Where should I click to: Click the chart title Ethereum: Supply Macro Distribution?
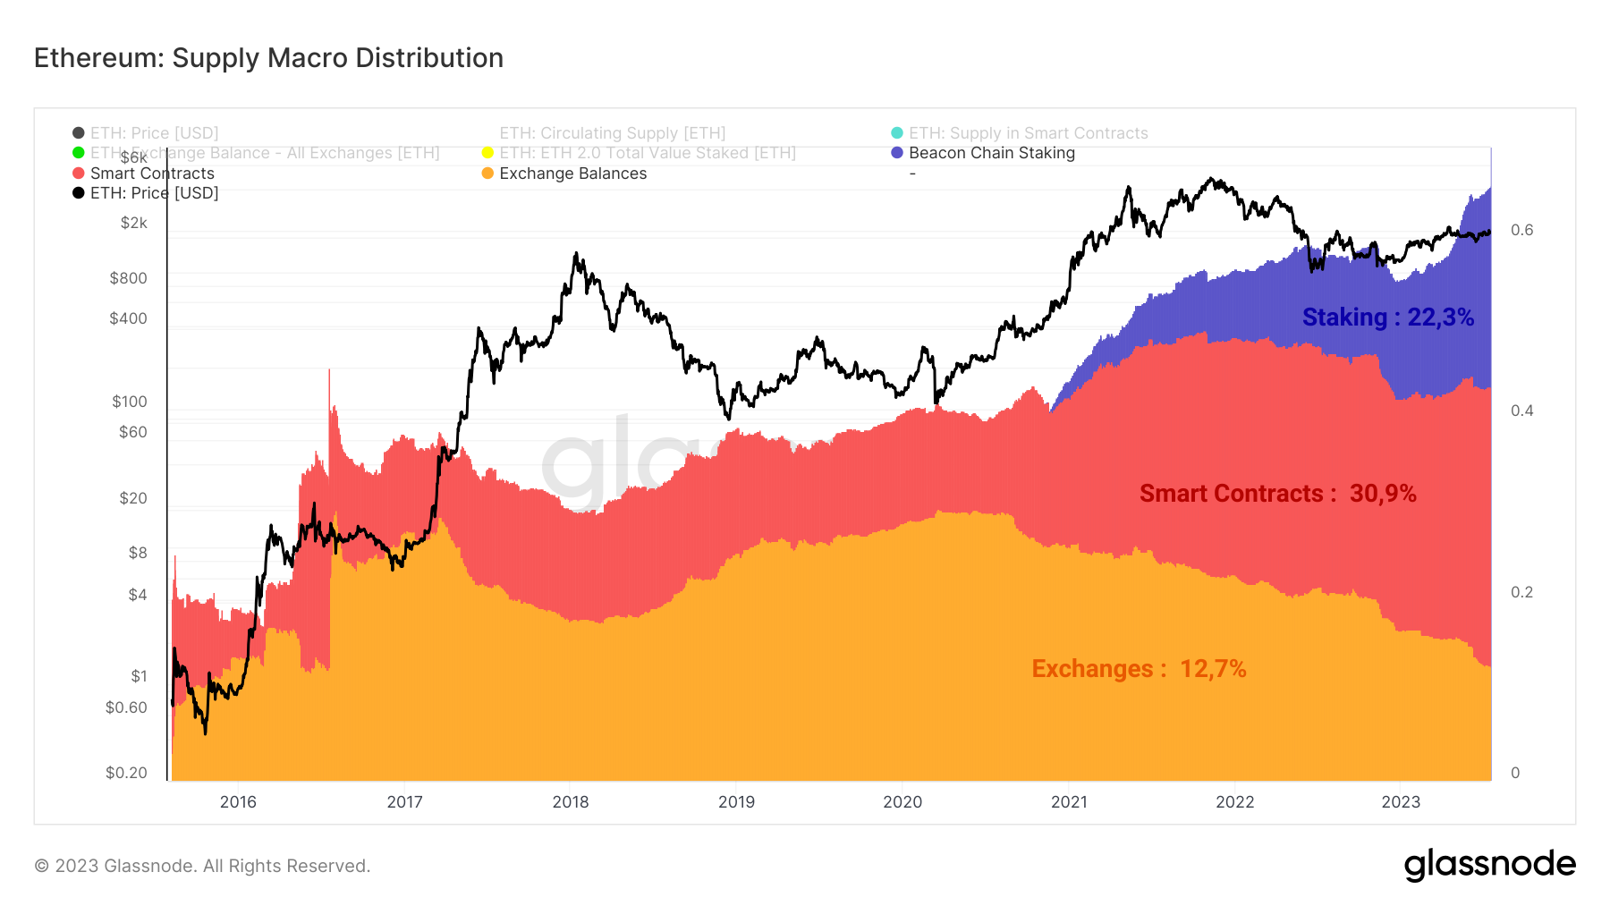[268, 58]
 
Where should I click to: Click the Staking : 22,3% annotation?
[1387, 318]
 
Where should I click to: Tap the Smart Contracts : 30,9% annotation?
[1277, 494]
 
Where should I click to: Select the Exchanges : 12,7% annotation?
[1139, 669]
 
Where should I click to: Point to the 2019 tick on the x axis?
[736, 802]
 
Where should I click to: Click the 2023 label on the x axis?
[1400, 802]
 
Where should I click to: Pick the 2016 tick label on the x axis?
[238, 802]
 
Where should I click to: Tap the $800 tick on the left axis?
[128, 278]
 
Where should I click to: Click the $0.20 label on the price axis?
[126, 773]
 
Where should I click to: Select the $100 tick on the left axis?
[129, 402]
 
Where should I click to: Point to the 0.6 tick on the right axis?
[1521, 230]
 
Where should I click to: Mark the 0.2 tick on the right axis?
[1521, 592]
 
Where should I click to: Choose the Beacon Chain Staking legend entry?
[991, 153]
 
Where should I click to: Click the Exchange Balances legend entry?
[572, 174]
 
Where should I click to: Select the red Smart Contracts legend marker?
[79, 174]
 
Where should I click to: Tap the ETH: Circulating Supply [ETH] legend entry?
[612, 133]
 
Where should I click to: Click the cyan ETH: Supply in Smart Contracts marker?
[897, 133]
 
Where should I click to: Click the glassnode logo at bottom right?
[1489, 865]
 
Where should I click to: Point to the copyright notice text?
[202, 866]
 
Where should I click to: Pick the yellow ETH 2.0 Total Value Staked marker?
[487, 153]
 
